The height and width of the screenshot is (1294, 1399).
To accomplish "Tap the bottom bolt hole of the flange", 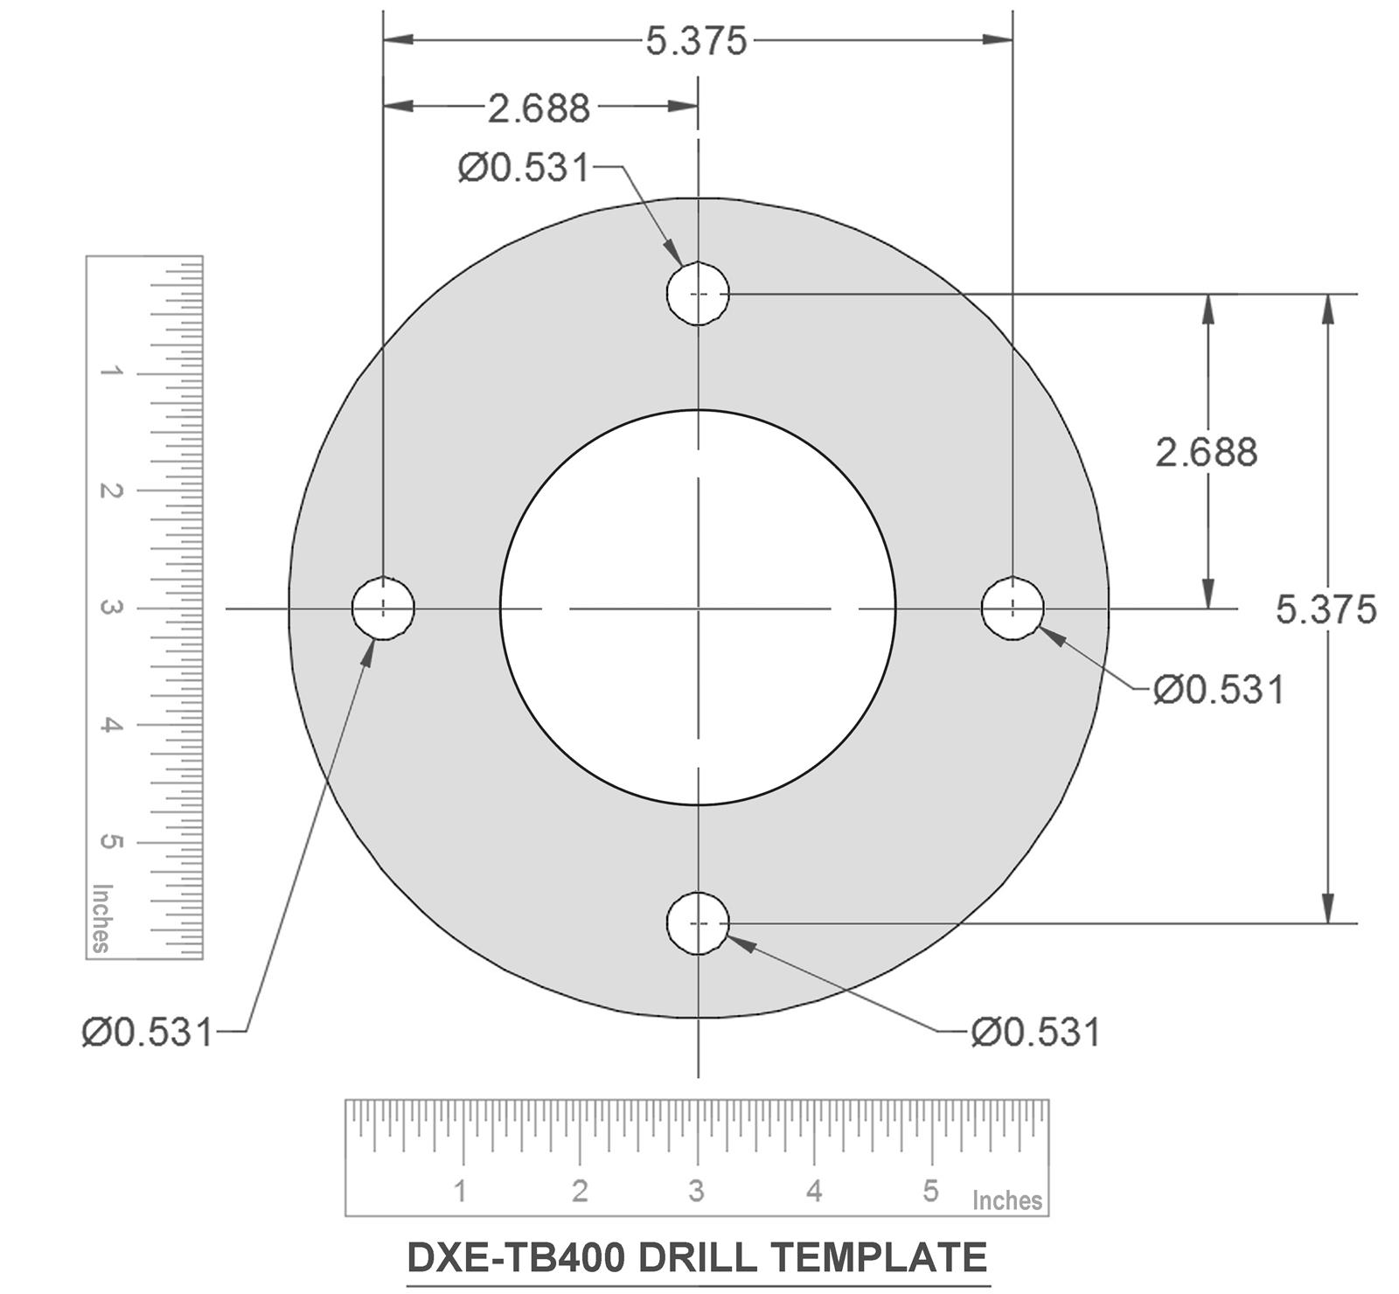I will tap(698, 923).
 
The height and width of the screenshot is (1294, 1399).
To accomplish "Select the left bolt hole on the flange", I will tap(383, 608).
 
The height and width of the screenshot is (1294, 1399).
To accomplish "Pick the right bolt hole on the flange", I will tap(1013, 608).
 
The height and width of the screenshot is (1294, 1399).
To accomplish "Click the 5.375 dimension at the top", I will tap(696, 41).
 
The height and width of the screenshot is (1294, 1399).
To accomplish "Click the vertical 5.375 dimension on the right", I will tap(1326, 609).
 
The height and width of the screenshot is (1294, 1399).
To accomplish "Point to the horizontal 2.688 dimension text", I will tap(539, 108).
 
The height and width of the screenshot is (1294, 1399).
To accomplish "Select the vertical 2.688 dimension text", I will tap(1206, 452).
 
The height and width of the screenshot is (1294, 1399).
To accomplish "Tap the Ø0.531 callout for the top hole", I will tap(524, 167).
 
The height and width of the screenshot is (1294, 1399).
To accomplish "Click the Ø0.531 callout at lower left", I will tap(148, 1033).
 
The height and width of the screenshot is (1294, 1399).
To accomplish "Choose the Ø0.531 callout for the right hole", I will tap(1219, 690).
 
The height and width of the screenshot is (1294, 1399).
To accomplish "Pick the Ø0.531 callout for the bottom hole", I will tap(1035, 1033).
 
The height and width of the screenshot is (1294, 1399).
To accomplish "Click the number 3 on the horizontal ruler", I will tap(696, 1190).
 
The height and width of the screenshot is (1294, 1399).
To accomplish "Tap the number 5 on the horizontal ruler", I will tap(930, 1190).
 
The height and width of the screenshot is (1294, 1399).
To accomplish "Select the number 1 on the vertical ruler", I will tap(110, 372).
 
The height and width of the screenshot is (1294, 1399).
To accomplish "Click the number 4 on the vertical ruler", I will tap(110, 725).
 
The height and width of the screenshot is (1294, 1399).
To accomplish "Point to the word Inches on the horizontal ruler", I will tap(1006, 1200).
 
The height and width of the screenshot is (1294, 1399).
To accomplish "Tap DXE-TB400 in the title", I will tap(516, 1258).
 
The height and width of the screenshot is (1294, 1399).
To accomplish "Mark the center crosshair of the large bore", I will tap(698, 608).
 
